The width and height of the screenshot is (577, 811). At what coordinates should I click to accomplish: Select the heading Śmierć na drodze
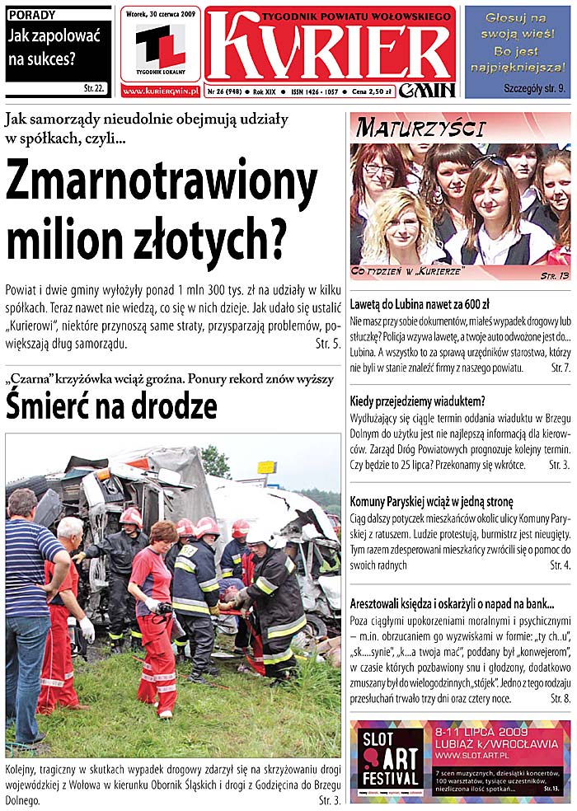pos(111,406)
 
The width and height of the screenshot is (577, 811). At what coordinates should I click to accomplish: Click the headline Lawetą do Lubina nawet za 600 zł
pos(420,304)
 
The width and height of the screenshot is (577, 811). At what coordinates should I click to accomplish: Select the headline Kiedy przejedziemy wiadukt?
pos(417,401)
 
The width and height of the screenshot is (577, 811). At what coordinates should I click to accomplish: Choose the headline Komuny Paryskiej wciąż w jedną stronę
pos(431,500)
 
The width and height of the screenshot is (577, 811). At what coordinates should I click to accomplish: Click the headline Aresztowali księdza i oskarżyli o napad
pos(451,602)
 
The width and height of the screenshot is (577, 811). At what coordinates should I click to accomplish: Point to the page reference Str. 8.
pos(560,698)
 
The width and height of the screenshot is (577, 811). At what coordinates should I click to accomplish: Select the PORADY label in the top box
pos(32,14)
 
